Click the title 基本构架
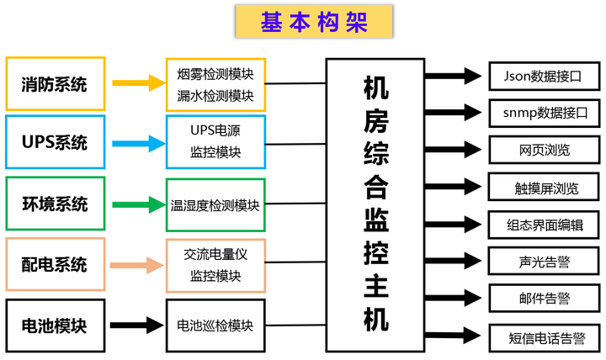tap(314, 23)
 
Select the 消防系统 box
tap(55, 84)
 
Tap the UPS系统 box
tap(55, 143)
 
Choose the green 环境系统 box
tap(55, 204)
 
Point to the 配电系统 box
tap(55, 265)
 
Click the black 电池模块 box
tap(55, 325)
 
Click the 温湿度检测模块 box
tap(215, 204)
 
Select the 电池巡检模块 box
tap(215, 325)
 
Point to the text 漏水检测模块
tap(215, 95)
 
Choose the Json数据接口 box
tap(544, 77)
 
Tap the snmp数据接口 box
tap(544, 113)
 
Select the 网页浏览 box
tap(544, 150)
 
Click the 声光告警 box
tap(544, 261)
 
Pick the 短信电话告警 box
tap(544, 338)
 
